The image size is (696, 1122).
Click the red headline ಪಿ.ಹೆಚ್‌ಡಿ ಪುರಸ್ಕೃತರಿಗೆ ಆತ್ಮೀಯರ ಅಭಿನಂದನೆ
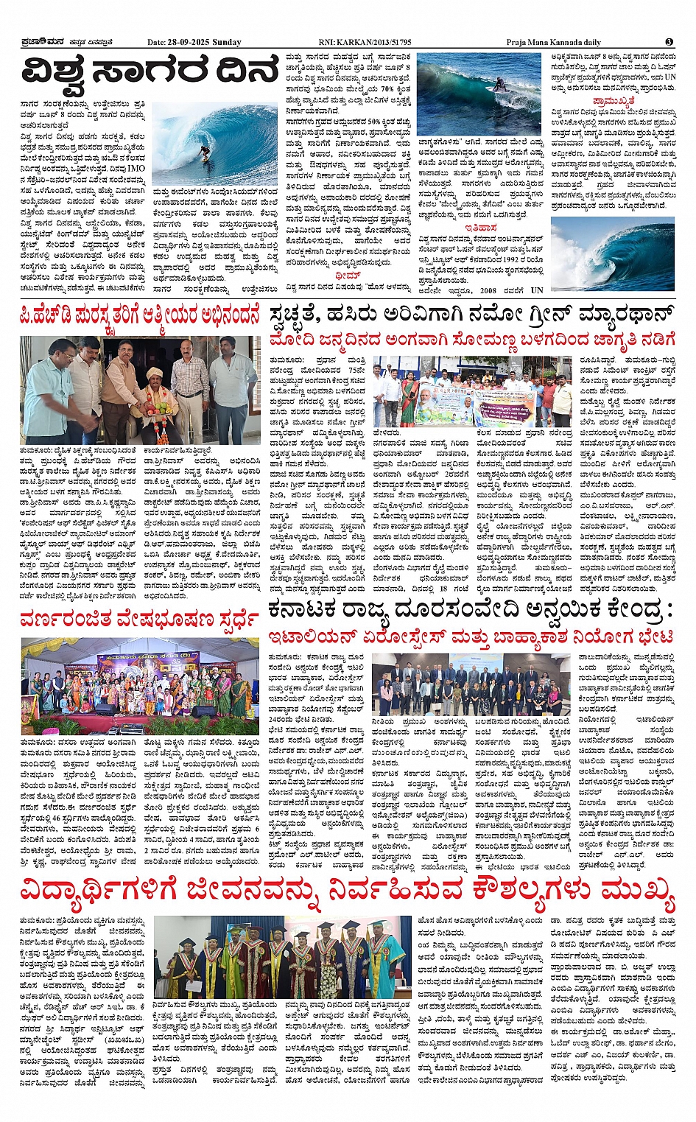pos(140,317)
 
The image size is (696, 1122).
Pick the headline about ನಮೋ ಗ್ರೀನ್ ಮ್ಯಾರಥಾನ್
pos(471,313)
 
